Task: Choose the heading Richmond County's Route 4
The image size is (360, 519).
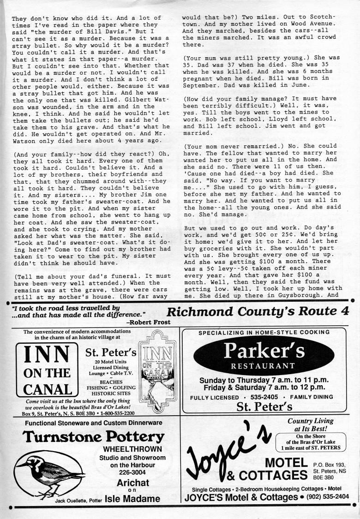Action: click(258, 311)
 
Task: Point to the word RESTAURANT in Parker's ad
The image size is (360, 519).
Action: click(263, 366)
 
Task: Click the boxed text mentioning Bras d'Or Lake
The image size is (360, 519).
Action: click(310, 442)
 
